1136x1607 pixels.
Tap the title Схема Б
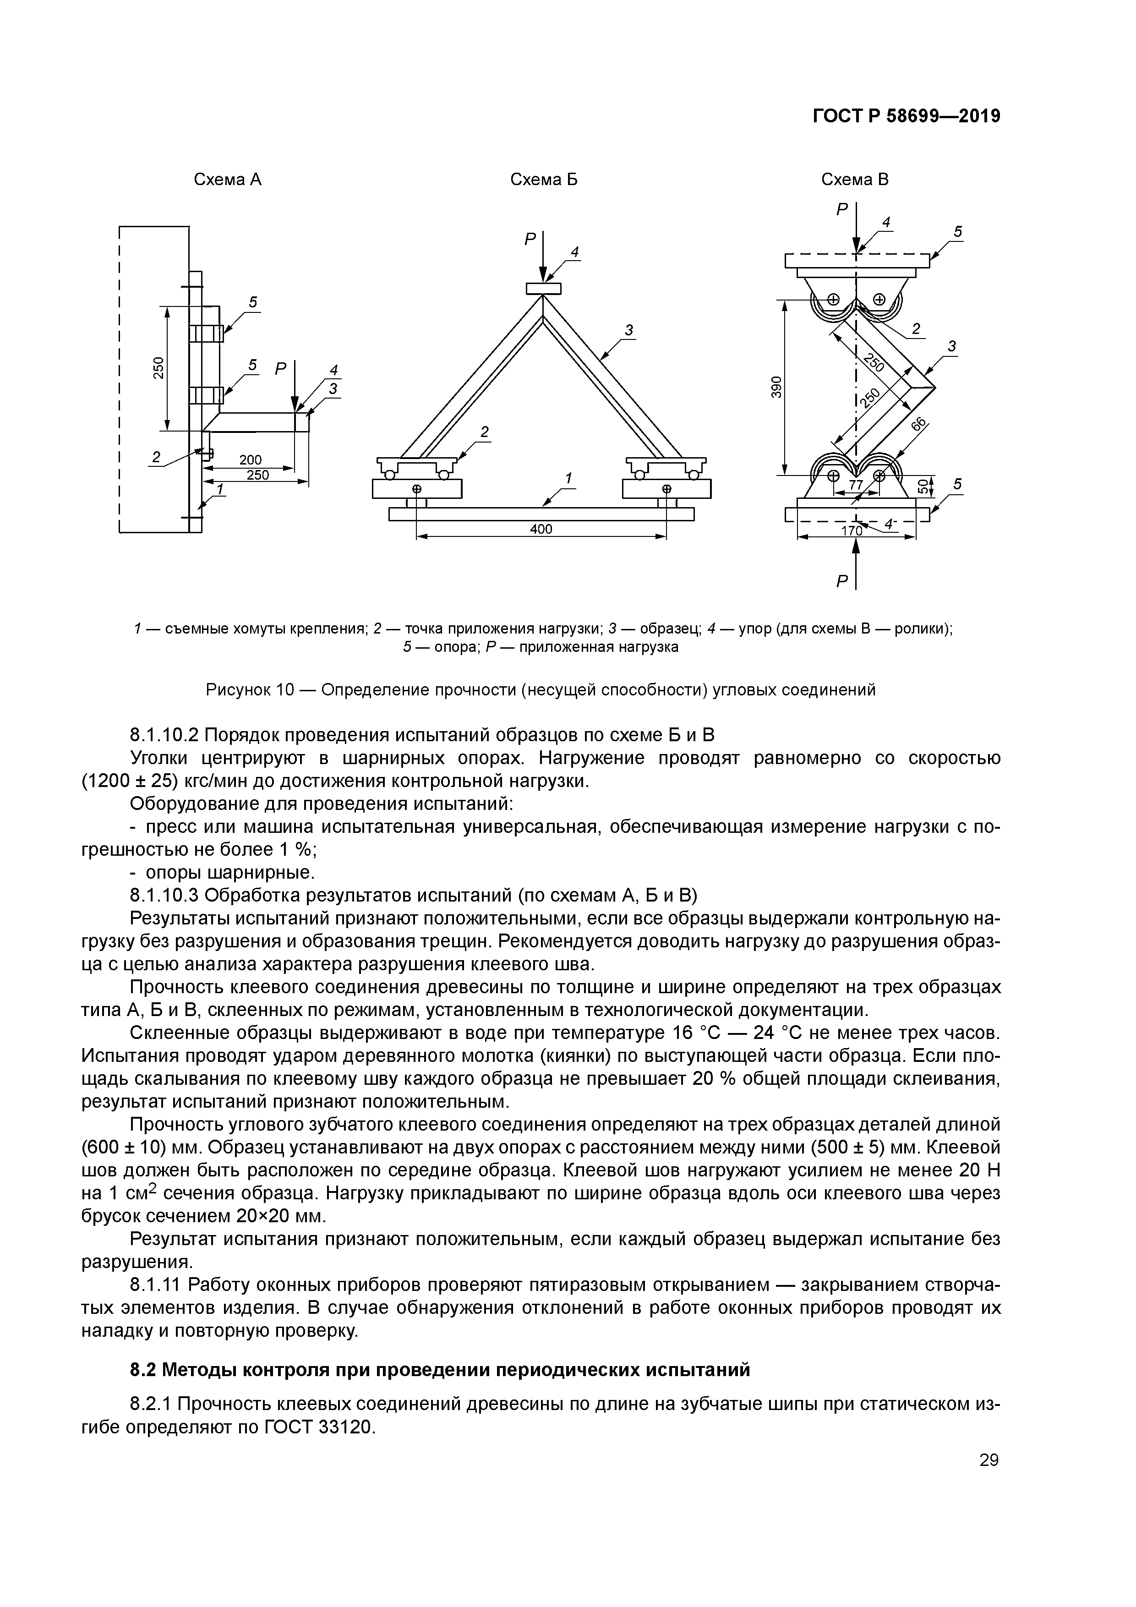(543, 180)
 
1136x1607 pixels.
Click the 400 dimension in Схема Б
(541, 529)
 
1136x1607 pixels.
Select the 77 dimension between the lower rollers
(855, 484)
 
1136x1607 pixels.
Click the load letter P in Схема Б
(530, 240)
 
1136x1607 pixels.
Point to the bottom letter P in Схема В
(842, 580)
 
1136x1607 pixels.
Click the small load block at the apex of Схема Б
(543, 288)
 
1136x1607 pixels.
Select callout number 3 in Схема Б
(628, 329)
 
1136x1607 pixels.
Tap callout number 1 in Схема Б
(568, 477)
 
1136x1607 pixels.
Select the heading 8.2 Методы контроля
(440, 1370)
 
